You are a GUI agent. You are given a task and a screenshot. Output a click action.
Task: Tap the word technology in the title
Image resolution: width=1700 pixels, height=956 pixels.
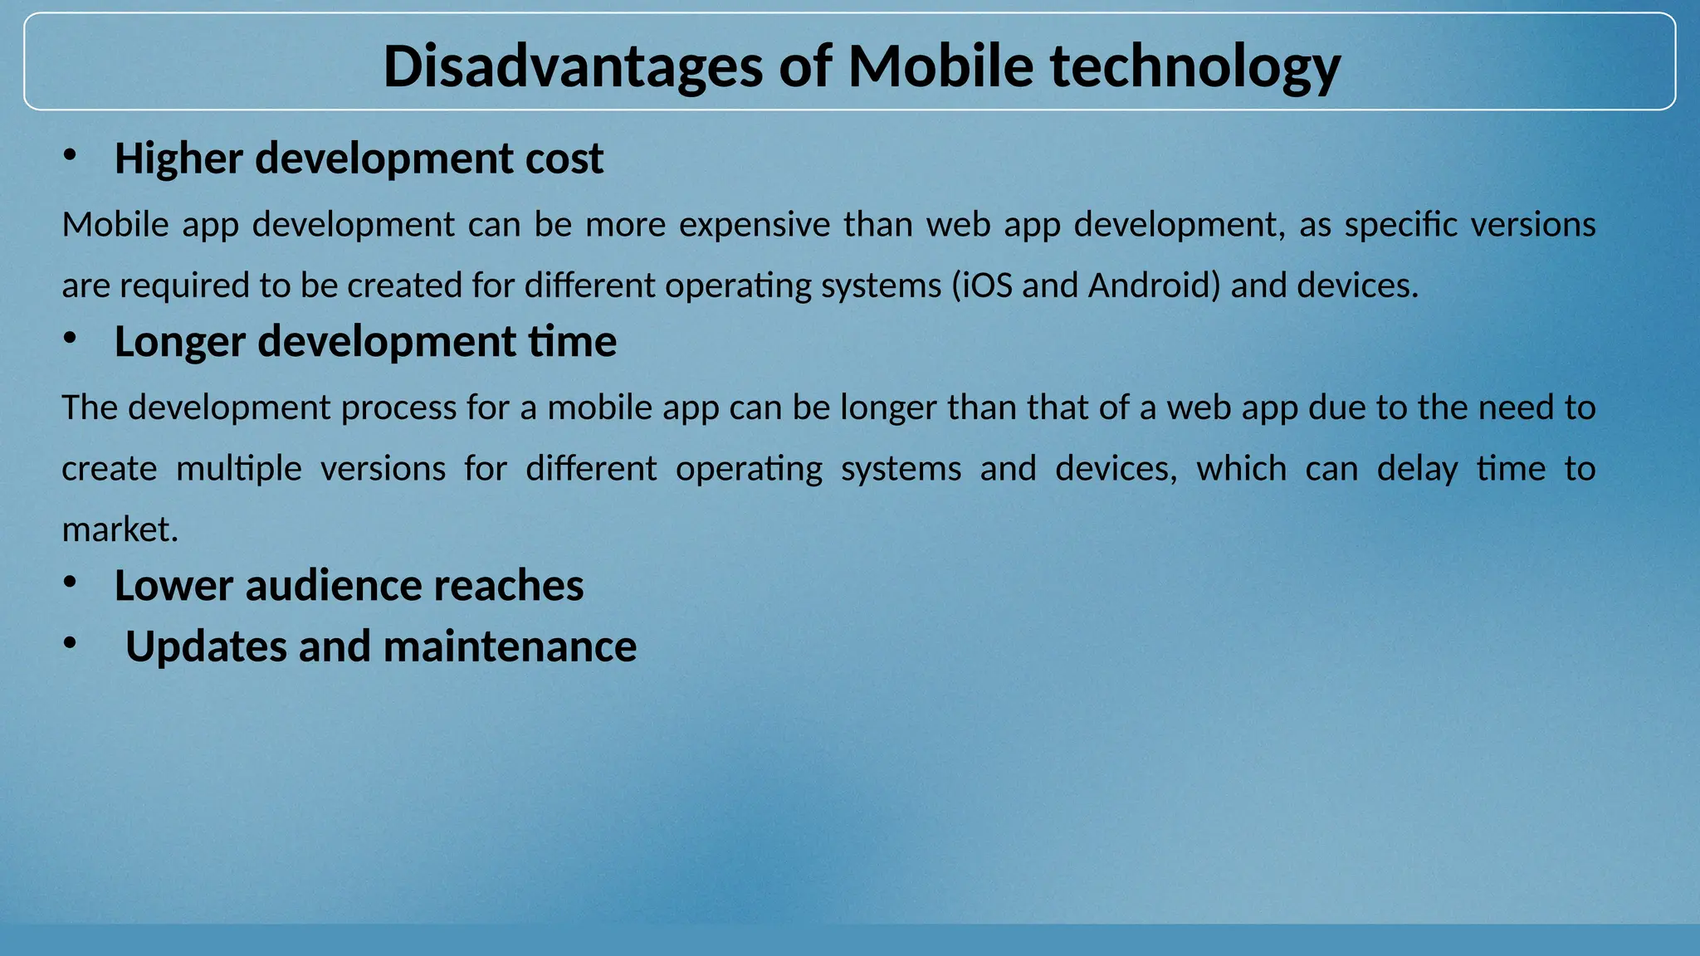coord(1195,66)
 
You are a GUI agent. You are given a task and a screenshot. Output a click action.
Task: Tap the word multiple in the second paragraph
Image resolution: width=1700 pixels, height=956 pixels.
coord(239,469)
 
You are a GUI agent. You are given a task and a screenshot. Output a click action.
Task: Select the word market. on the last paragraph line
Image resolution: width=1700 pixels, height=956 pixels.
coord(120,529)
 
